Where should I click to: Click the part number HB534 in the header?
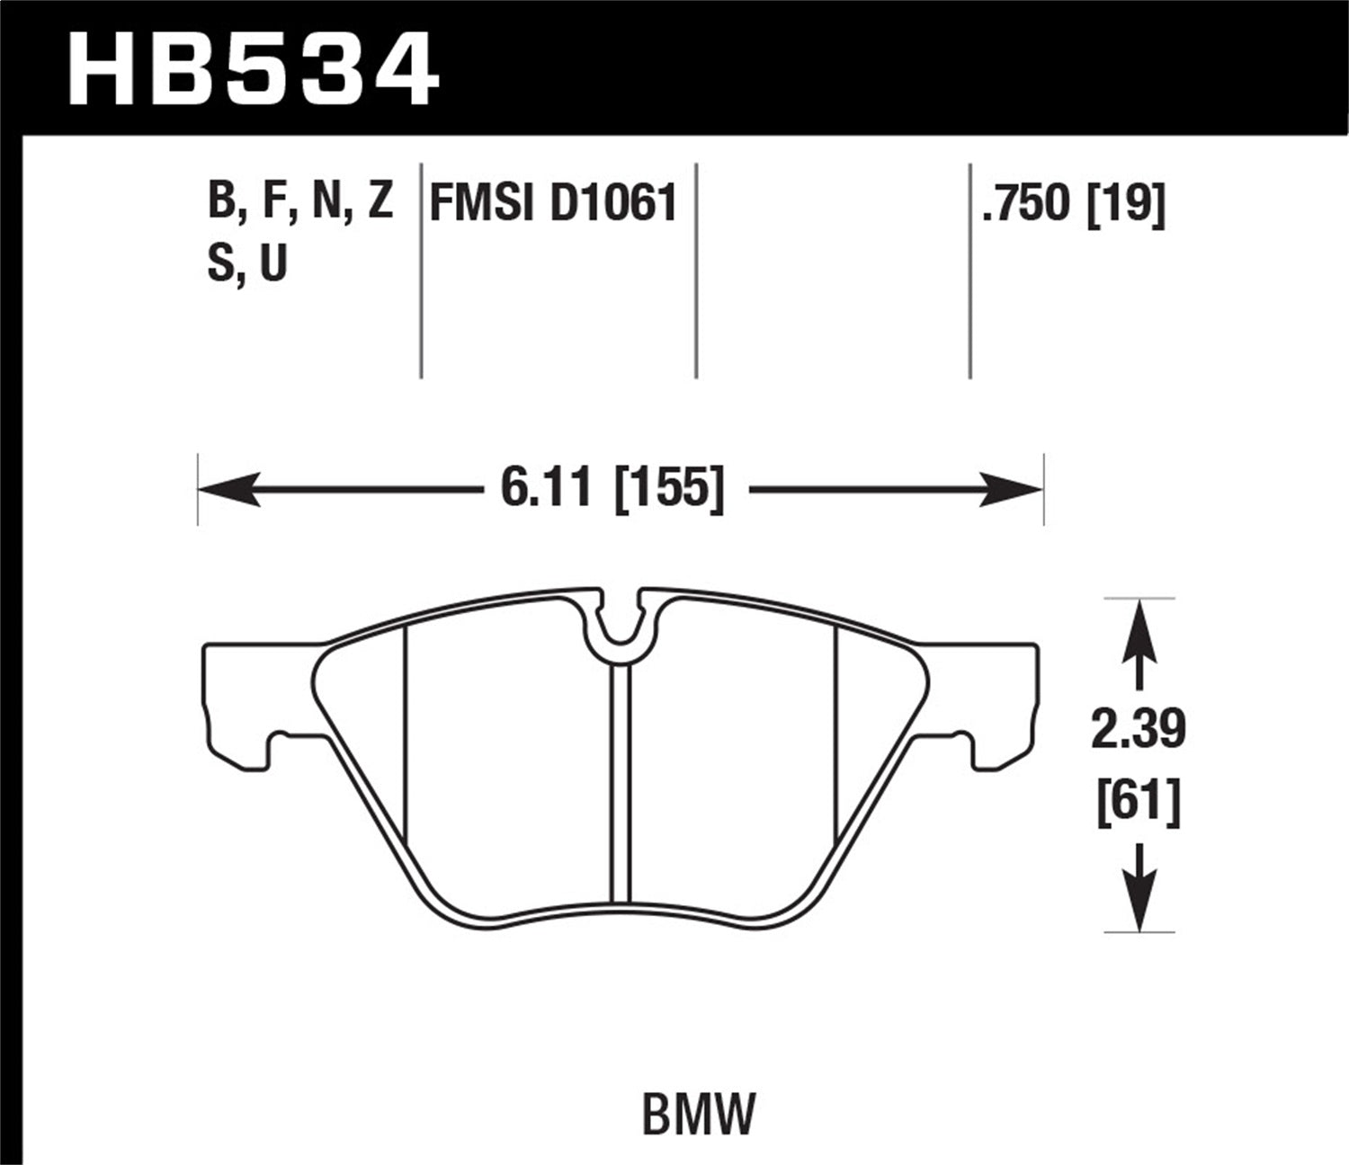(253, 68)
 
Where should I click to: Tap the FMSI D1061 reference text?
(552, 203)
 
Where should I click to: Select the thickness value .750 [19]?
(1074, 203)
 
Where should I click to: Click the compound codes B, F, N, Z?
(300, 201)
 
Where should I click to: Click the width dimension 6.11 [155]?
(612, 491)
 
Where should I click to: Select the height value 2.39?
(1138, 730)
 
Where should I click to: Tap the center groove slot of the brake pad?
(620, 782)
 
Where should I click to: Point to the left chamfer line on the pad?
(406, 737)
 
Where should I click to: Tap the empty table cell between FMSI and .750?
(833, 270)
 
